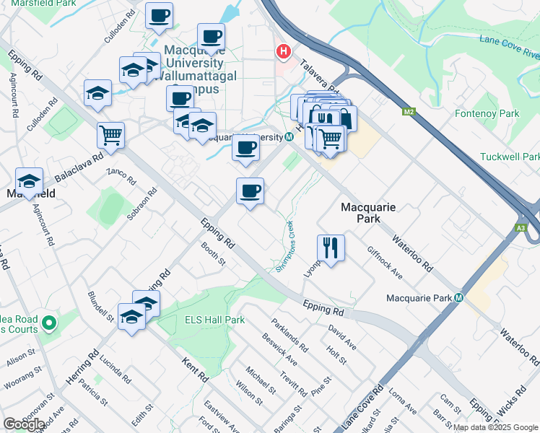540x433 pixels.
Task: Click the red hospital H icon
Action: click(284, 52)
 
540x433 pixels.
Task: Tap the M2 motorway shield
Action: click(409, 112)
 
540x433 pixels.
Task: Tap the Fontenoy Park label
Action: click(487, 113)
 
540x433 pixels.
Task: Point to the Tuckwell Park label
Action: click(510, 157)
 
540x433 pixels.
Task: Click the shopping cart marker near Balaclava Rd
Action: click(110, 134)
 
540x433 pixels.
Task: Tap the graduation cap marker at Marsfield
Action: click(30, 180)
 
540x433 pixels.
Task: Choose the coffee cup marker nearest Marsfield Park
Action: click(159, 15)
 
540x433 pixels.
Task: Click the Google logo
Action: click(24, 424)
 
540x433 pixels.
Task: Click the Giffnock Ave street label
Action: click(385, 263)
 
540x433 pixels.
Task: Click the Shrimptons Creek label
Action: click(287, 246)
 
